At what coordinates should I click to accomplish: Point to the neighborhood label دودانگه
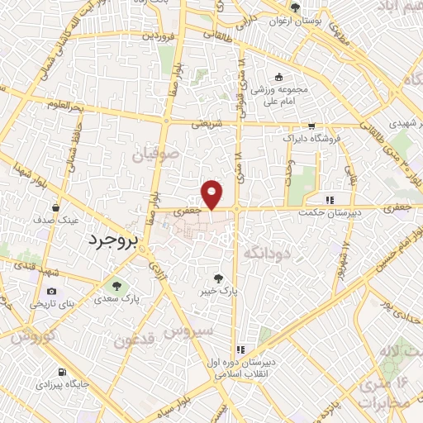(264, 253)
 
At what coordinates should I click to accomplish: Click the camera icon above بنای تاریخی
(52, 291)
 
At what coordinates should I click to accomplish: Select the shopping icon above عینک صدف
(55, 208)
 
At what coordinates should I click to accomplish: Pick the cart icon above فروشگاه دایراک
(311, 126)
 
